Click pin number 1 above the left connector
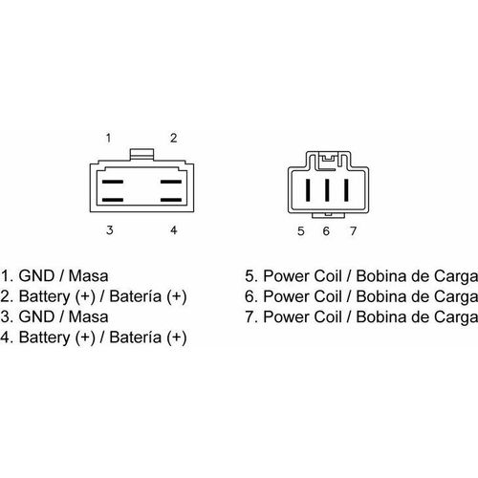(108, 138)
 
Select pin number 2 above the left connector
(173, 138)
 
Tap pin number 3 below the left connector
(110, 230)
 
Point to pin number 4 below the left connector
(173, 230)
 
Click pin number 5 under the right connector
(301, 231)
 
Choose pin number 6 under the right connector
(326, 231)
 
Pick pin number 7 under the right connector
(353, 231)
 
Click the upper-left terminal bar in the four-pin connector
(113, 182)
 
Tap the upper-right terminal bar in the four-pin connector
(171, 182)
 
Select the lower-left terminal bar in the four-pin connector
(113, 200)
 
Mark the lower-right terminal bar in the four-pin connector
(171, 200)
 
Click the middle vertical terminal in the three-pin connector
(327, 190)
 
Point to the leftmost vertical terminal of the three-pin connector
(308, 190)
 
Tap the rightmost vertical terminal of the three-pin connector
(346, 190)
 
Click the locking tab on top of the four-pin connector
(142, 154)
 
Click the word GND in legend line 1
(36, 276)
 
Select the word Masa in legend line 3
(88, 316)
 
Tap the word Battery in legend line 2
(44, 296)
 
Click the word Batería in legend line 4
(136, 337)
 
